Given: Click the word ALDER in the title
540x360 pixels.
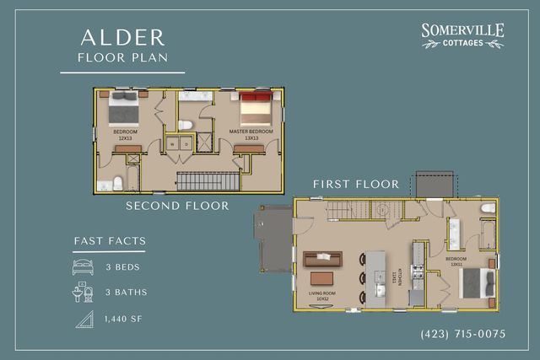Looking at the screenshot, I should [x=122, y=37].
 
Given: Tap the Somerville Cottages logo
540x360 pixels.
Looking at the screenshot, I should [x=462, y=35].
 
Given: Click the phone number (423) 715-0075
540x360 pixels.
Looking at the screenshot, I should [x=462, y=334].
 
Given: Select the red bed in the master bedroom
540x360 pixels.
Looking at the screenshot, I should [x=255, y=110].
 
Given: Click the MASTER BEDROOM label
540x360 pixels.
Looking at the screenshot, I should [x=251, y=132].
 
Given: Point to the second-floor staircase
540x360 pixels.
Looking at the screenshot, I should [x=208, y=180].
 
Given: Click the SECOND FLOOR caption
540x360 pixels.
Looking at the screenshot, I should [x=177, y=205].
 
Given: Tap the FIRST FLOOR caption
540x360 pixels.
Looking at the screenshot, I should [x=355, y=184].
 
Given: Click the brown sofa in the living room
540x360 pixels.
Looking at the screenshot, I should [x=324, y=257].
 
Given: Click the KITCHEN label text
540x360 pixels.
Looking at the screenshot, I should [x=393, y=277].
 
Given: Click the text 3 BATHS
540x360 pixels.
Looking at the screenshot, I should [x=126, y=293].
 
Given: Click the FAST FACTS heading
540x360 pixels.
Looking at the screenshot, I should [x=109, y=241].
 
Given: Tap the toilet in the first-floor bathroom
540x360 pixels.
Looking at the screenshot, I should [x=488, y=207].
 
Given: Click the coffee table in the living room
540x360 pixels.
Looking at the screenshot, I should [x=321, y=278].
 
